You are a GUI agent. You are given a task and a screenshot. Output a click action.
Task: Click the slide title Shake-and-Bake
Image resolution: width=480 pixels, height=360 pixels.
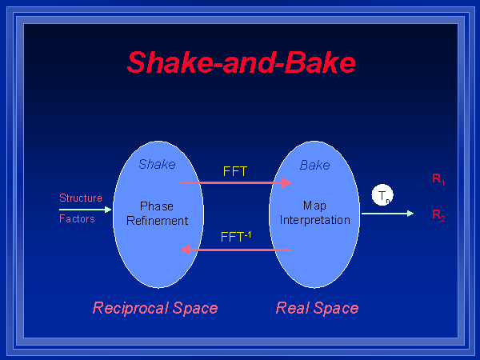pyautogui.click(x=241, y=62)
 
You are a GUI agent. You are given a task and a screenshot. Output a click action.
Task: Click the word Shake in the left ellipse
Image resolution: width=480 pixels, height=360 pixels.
pyautogui.click(x=157, y=165)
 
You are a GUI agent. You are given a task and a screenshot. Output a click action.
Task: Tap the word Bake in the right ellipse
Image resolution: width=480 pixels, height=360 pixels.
pyautogui.click(x=314, y=165)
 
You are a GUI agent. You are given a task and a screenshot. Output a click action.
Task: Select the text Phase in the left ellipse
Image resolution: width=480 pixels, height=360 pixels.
pyautogui.click(x=157, y=206)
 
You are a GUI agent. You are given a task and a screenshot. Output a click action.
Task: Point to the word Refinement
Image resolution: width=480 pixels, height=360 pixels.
pyautogui.click(x=157, y=220)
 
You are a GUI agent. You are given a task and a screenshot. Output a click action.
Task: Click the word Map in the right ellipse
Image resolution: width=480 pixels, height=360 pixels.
pyautogui.click(x=314, y=206)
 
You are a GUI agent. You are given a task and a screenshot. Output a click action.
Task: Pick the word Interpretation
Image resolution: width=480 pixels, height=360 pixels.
pyautogui.click(x=315, y=220)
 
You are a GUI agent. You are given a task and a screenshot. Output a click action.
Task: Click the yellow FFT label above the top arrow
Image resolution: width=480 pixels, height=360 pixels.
pyautogui.click(x=234, y=170)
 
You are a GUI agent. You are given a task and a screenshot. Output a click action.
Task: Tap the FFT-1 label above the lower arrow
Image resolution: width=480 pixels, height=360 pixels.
pyautogui.click(x=236, y=237)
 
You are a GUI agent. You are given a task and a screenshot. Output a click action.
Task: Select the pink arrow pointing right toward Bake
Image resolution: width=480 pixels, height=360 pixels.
pyautogui.click(x=236, y=183)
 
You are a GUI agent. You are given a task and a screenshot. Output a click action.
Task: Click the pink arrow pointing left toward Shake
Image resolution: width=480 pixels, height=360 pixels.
pyautogui.click(x=236, y=250)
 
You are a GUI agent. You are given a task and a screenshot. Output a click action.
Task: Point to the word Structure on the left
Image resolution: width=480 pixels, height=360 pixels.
pyautogui.click(x=81, y=198)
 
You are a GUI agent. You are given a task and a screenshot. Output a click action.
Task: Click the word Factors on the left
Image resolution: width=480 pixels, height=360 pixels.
pyautogui.click(x=77, y=218)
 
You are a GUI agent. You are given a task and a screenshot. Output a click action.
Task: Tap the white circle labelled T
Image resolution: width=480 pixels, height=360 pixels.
pyautogui.click(x=383, y=194)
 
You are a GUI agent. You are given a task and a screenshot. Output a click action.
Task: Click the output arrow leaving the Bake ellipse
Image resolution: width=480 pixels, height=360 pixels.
pyautogui.click(x=387, y=214)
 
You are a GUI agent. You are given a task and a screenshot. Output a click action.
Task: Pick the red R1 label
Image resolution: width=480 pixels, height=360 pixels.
pyautogui.click(x=438, y=179)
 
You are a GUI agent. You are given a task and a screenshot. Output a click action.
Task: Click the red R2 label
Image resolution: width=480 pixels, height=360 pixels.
pyautogui.click(x=438, y=214)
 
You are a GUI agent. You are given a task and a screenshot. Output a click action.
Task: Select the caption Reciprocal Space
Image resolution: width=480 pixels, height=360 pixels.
pyautogui.click(x=155, y=308)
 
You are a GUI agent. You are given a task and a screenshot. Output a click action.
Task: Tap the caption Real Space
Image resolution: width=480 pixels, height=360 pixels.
pyautogui.click(x=317, y=308)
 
